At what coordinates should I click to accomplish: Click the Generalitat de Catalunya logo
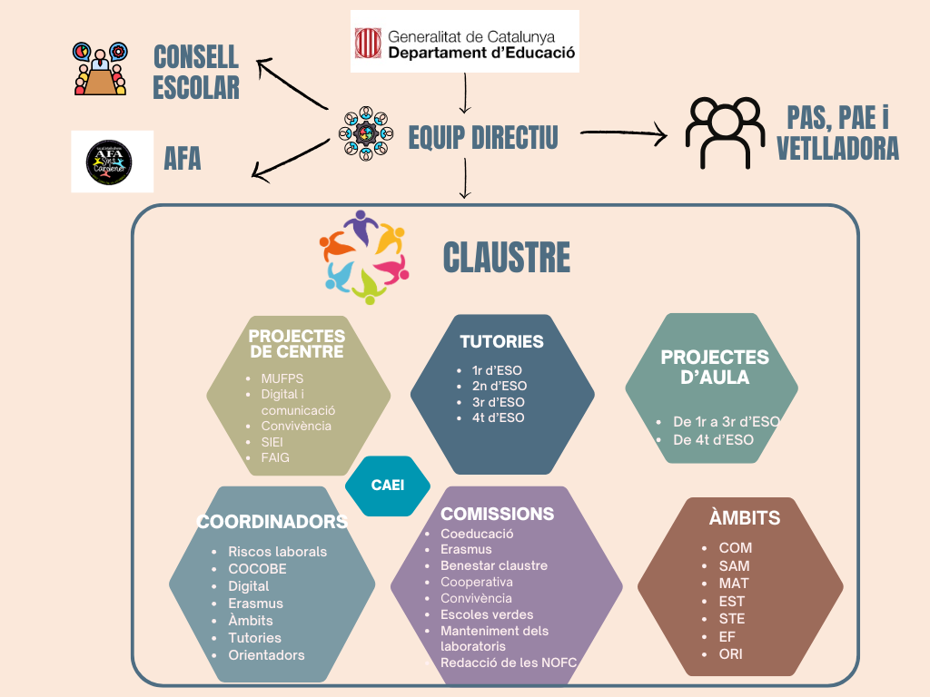tap(464, 42)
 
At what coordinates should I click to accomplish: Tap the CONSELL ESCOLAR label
tap(196, 72)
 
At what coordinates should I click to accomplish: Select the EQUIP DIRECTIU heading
tap(483, 137)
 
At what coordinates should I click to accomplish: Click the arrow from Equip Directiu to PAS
tap(623, 135)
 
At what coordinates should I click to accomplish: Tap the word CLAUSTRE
tap(507, 258)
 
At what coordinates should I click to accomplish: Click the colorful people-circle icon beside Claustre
tap(364, 257)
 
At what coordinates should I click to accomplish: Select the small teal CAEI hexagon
tap(388, 486)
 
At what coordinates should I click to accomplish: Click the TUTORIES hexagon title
tap(501, 342)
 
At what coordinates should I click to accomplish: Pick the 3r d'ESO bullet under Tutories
tap(498, 402)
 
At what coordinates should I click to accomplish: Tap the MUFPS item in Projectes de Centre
tap(282, 378)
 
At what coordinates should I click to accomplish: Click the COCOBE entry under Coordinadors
tap(257, 569)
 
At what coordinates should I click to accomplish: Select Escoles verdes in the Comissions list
tap(487, 614)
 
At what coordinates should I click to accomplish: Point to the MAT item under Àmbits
tap(734, 583)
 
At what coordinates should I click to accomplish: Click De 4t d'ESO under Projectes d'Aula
tap(713, 440)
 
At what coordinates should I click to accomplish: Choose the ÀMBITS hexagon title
tap(745, 519)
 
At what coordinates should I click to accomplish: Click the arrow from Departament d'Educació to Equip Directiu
tap(465, 93)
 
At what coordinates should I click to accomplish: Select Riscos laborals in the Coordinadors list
tap(277, 552)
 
